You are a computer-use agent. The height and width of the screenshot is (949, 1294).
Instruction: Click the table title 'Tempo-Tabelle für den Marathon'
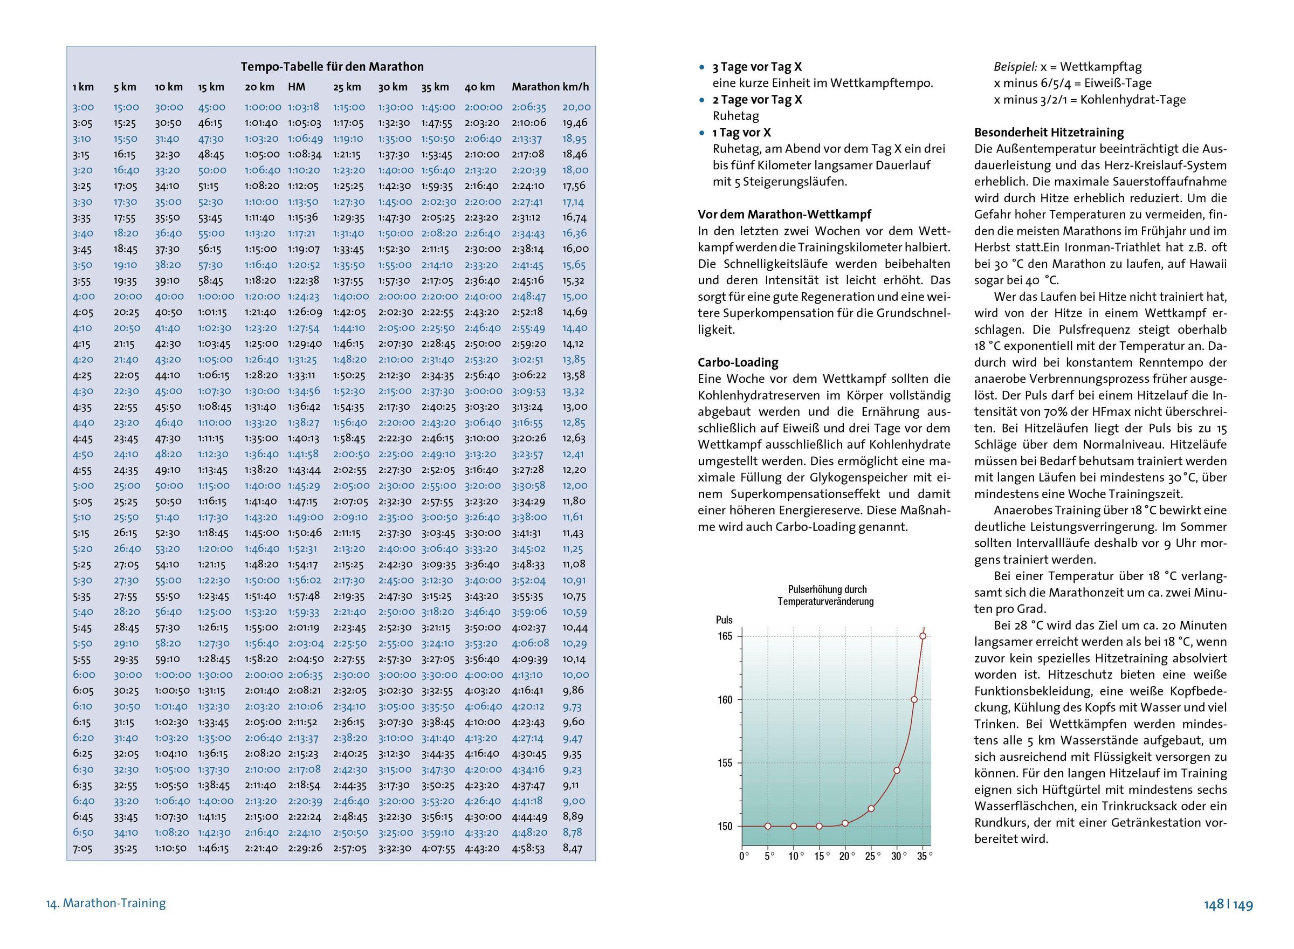coord(332,67)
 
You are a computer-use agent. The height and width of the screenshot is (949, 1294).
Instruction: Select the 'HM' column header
coord(297,87)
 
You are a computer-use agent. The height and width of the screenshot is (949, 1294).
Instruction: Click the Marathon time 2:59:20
coord(528,344)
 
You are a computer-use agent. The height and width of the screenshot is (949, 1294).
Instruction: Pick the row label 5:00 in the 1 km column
coord(83,486)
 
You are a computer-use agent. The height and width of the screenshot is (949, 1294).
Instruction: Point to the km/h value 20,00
coord(576,107)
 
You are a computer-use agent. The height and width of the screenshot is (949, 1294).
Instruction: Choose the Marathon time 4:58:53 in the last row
coord(528,849)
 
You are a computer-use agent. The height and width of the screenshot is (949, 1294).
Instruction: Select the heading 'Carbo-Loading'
coord(738,362)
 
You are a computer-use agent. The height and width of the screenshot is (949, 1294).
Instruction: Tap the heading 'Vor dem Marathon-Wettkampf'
coord(784,214)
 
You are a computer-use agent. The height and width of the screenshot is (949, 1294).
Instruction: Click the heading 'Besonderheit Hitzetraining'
coord(1049,133)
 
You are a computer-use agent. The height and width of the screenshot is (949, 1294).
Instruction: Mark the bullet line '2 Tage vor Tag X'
coord(757,100)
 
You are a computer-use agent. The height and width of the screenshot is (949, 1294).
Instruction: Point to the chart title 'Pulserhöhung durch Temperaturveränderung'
coord(827,595)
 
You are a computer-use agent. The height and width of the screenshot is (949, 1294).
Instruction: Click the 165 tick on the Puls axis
coord(725,636)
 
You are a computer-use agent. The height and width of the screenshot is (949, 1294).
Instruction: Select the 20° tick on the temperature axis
coord(846,856)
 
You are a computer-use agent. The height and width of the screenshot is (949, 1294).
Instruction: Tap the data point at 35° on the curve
coord(923,636)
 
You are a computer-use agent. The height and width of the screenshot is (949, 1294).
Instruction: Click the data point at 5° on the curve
coord(768,826)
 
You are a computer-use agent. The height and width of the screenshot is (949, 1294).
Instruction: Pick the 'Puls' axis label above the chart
coord(724,620)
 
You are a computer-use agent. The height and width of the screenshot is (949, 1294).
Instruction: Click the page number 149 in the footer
coord(1242,905)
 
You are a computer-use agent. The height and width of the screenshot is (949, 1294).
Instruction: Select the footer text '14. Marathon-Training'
coord(106,903)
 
